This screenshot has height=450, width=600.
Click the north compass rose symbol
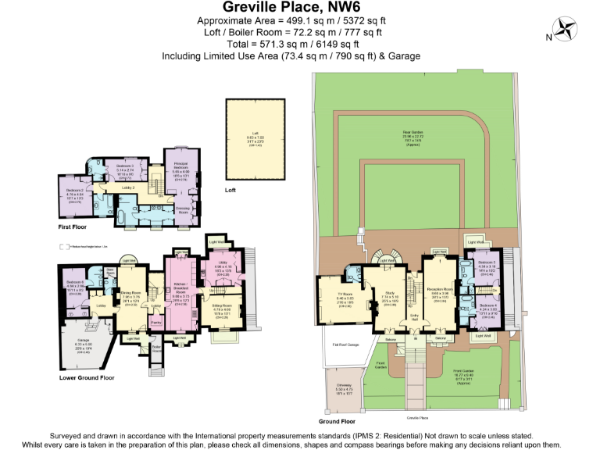tap(567, 30)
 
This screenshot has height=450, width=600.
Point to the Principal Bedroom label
tap(182, 167)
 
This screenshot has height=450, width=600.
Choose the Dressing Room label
tap(184, 208)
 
